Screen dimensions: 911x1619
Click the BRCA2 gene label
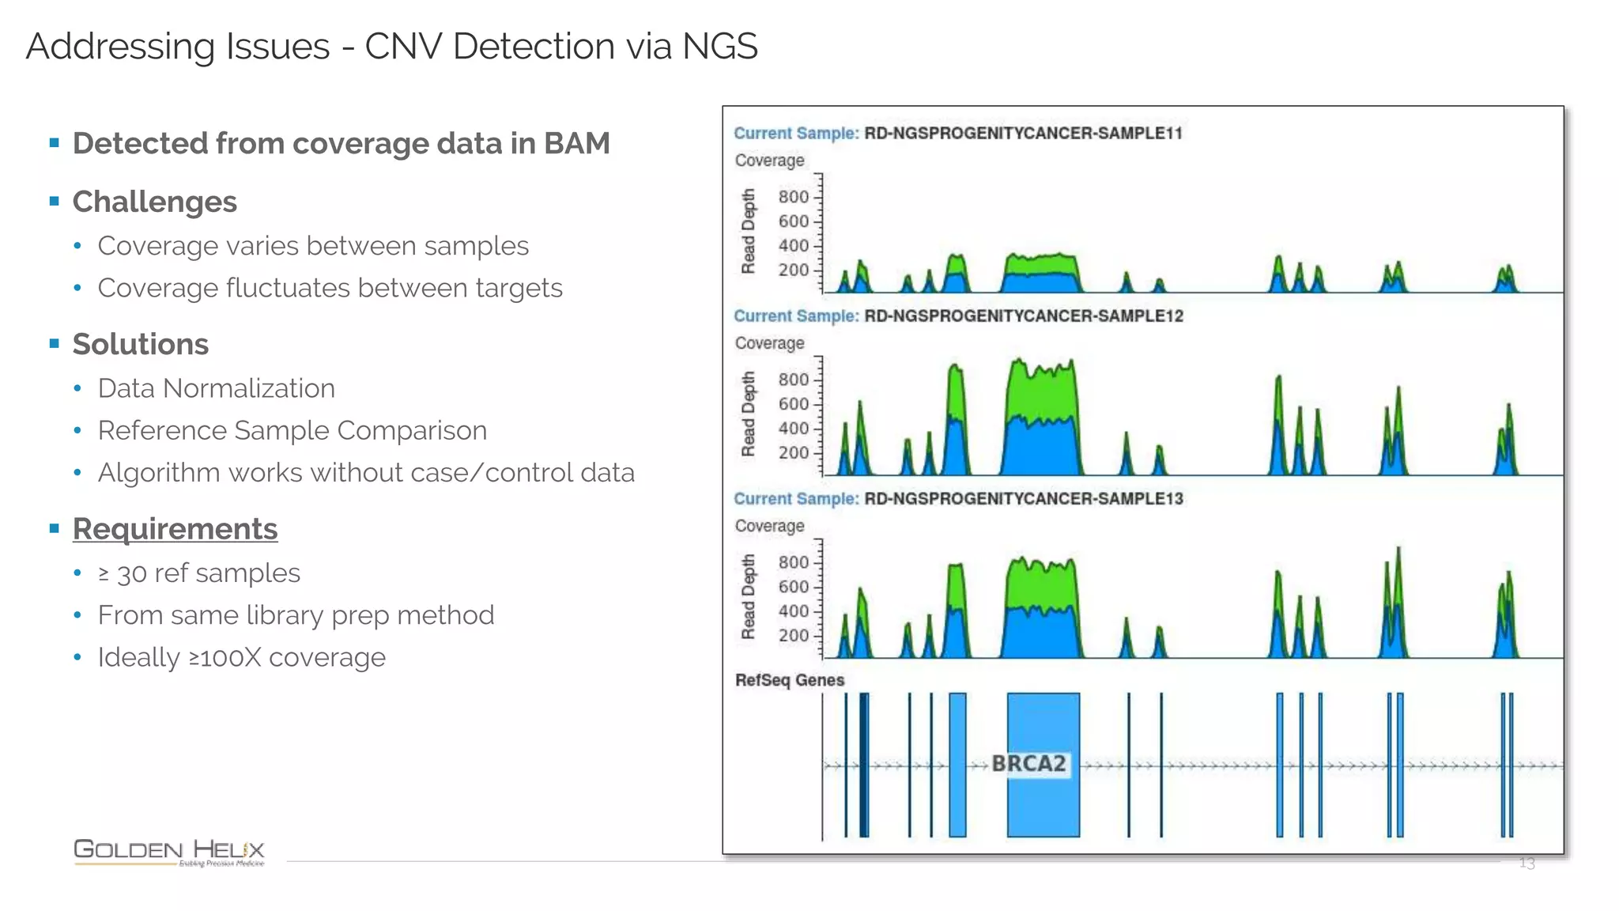point(1028,764)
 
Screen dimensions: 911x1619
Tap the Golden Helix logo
point(168,852)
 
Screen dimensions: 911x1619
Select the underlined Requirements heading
point(175,529)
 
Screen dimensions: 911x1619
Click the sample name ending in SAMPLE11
point(1023,133)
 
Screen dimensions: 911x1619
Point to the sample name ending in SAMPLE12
point(1023,316)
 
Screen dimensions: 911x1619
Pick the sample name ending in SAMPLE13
point(1023,499)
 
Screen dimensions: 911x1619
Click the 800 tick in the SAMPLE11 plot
point(793,197)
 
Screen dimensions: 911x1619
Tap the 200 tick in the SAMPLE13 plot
point(793,636)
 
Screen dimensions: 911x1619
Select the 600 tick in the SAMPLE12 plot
point(793,404)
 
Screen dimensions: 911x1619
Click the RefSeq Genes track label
point(789,680)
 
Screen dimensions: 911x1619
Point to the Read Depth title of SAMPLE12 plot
point(748,414)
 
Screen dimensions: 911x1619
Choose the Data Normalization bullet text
point(216,388)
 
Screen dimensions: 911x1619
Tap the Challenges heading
point(154,202)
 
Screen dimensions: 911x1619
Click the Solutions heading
point(140,344)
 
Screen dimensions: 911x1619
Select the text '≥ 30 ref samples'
point(198,573)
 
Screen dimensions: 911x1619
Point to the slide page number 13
point(1527,864)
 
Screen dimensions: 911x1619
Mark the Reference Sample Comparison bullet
point(292,430)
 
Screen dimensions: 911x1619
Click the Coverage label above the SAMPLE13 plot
point(769,527)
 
